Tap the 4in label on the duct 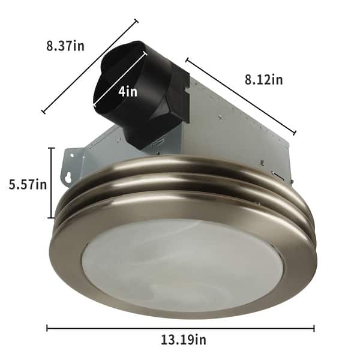[x=127, y=92]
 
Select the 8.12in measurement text [x=263, y=79]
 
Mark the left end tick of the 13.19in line [x=47, y=328]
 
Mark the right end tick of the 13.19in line [x=314, y=328]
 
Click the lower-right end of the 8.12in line [x=295, y=133]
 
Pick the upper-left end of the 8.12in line [x=187, y=59]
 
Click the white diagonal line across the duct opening [x=120, y=81]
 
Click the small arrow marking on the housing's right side [x=278, y=175]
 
